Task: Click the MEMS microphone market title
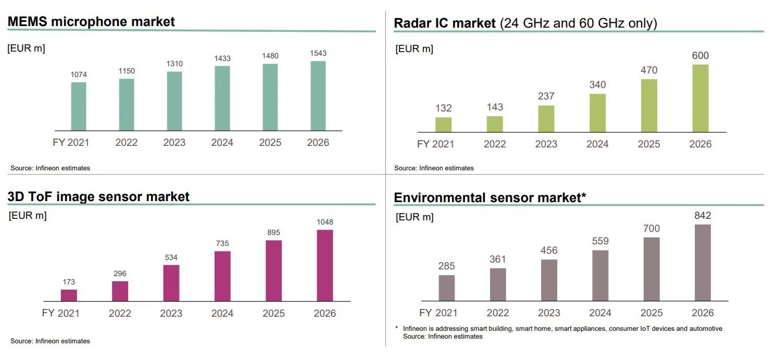tap(91, 21)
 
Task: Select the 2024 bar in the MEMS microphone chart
tap(222, 98)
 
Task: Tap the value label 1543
tap(318, 54)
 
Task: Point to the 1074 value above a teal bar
tap(79, 75)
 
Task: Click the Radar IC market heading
tap(525, 23)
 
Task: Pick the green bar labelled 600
tap(700, 98)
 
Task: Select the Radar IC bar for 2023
tap(546, 119)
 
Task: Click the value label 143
tap(495, 107)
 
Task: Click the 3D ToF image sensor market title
tap(98, 196)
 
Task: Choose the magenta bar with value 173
tap(69, 295)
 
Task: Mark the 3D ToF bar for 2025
tap(273, 271)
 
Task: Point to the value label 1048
tap(324, 222)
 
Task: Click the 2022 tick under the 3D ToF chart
tap(120, 314)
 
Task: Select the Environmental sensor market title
tap(490, 198)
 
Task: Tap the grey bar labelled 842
tap(703, 263)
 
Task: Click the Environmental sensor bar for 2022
tap(498, 284)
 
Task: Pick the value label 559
tap(600, 241)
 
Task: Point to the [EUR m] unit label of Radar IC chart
tap(414, 49)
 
